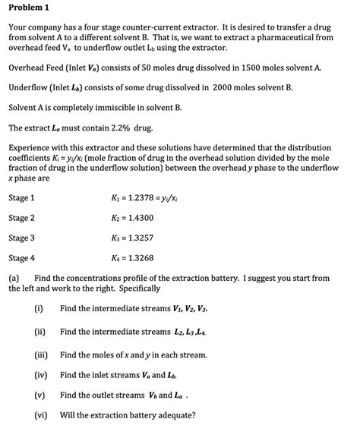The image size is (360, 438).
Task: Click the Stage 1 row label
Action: pos(21,198)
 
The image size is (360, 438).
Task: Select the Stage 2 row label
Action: pos(21,218)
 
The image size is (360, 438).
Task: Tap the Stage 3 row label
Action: pos(21,238)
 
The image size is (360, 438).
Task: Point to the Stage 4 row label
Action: pos(21,257)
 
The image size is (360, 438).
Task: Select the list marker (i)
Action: pos(38,308)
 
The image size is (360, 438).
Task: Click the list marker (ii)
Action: pos(39,331)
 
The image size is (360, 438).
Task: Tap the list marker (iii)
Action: pos(41,354)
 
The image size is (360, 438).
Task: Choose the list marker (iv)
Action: pos(40,375)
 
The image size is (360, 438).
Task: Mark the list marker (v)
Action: pos(39,395)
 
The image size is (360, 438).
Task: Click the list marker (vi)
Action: pos(40,415)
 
